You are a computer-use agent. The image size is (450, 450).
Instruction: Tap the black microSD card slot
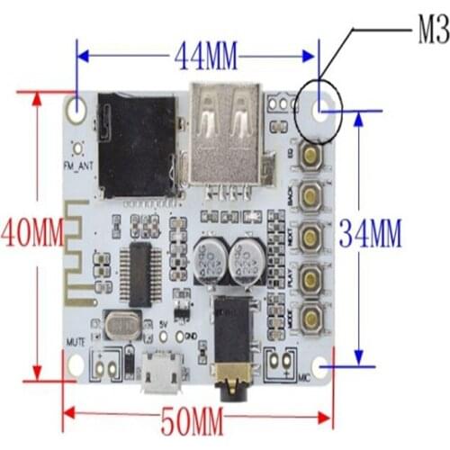tap(137, 144)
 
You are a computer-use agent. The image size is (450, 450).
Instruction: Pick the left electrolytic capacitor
tap(208, 256)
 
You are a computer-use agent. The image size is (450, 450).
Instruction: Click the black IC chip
tap(142, 273)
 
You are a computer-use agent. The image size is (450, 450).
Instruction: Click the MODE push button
tap(312, 315)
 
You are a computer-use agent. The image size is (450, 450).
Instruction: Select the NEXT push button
tap(312, 237)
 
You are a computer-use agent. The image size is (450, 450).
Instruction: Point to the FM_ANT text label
tap(77, 167)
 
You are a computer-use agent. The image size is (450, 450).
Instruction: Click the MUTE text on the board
tap(76, 342)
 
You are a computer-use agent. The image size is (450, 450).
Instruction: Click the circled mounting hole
tap(319, 109)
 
